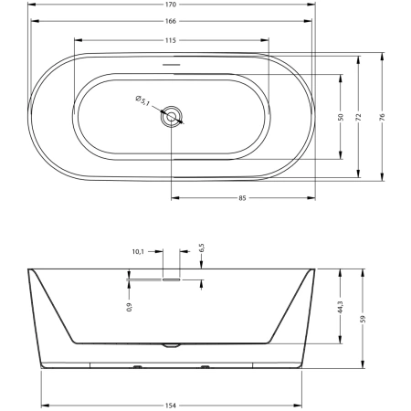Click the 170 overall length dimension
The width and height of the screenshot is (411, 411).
(171, 5)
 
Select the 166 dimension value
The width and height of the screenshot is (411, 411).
(171, 21)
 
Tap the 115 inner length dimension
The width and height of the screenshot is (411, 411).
(171, 40)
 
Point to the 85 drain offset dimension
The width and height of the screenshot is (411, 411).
(242, 198)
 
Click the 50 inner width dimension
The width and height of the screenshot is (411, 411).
(341, 117)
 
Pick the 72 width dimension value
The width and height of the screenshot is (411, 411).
(358, 117)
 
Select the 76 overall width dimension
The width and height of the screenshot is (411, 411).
(382, 117)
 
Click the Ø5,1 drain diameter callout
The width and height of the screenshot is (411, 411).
(142, 100)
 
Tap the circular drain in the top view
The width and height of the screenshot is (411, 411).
(172, 116)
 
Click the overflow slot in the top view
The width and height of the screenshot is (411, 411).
(172, 65)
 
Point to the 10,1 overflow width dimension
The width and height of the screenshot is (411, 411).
(138, 252)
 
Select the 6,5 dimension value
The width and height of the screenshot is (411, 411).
(202, 248)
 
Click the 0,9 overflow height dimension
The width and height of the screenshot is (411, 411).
(130, 307)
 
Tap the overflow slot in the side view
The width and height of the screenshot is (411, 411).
(172, 279)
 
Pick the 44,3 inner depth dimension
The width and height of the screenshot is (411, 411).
(341, 307)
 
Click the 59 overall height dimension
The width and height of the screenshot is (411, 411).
(363, 319)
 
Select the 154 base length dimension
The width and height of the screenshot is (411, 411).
(171, 406)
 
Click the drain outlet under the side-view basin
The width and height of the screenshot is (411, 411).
(172, 345)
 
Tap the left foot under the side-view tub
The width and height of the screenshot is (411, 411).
(138, 367)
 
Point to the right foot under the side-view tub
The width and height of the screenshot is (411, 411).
(205, 367)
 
